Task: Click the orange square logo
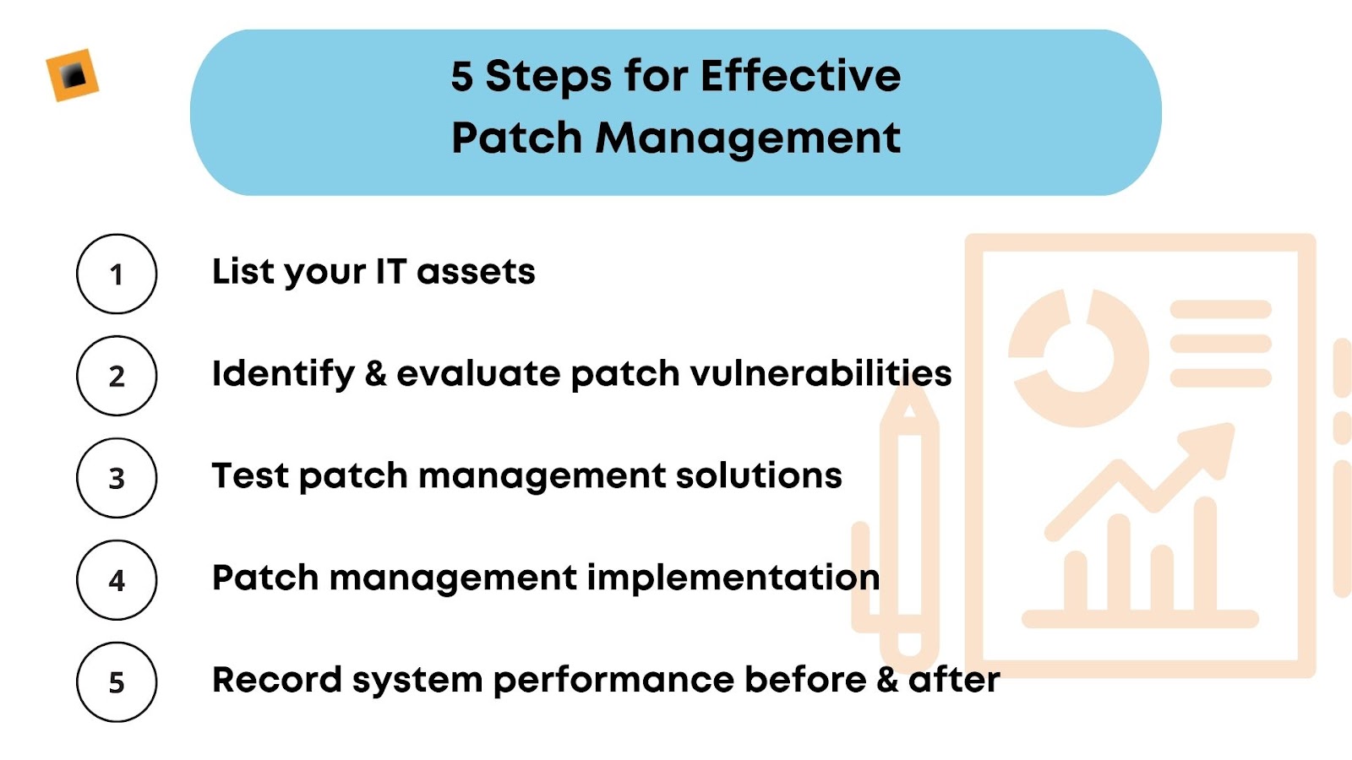(73, 76)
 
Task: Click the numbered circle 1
(117, 274)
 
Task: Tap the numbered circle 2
(117, 376)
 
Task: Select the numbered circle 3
(117, 478)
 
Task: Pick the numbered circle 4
(117, 580)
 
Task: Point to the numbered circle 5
(117, 682)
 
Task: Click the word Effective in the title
(800, 76)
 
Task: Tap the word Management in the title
(748, 138)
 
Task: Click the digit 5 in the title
(461, 77)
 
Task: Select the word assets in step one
(476, 272)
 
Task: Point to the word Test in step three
(250, 475)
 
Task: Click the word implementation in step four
(733, 578)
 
